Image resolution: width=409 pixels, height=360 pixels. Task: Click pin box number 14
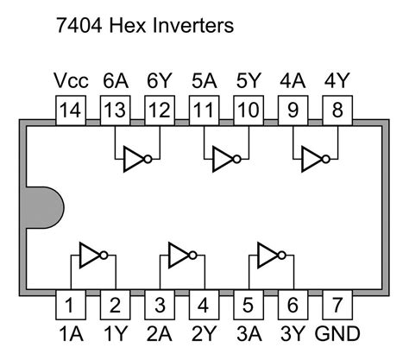[70, 110]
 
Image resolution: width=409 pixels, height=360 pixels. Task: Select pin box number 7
[337, 306]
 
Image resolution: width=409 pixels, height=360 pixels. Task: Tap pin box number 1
[70, 306]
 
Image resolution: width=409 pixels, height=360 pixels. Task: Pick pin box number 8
[337, 110]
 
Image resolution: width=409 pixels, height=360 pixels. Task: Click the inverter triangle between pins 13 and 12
[135, 159]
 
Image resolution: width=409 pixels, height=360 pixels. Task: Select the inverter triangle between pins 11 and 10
[224, 159]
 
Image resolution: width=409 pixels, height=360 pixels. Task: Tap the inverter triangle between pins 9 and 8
[313, 159]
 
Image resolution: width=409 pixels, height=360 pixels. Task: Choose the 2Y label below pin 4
[204, 333]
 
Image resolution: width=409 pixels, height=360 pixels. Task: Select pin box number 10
[249, 110]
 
